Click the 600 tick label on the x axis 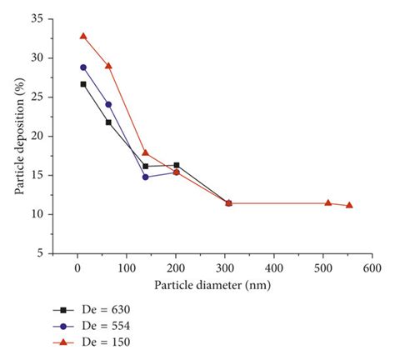pyautogui.click(x=372, y=268)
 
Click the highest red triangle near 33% pyautogui.click(x=83, y=36)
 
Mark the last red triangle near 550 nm pyautogui.click(x=349, y=205)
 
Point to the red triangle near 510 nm pyautogui.click(x=328, y=202)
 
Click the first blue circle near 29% pyautogui.click(x=83, y=67)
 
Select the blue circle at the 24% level pyautogui.click(x=108, y=104)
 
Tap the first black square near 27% pyautogui.click(x=83, y=84)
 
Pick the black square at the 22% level pyautogui.click(x=108, y=122)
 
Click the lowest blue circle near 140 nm pyautogui.click(x=145, y=177)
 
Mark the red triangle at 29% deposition pyautogui.click(x=108, y=66)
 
